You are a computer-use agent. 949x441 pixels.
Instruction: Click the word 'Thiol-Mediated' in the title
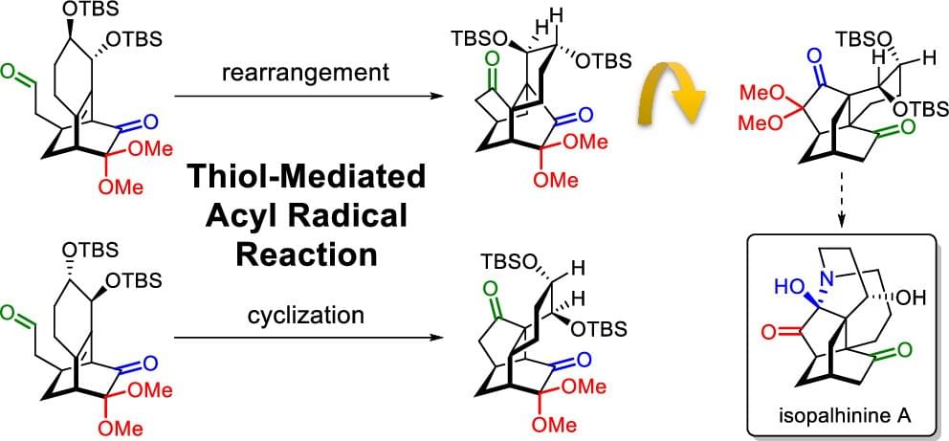(x=292, y=177)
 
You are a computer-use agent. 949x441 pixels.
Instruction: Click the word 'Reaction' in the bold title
(x=293, y=255)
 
